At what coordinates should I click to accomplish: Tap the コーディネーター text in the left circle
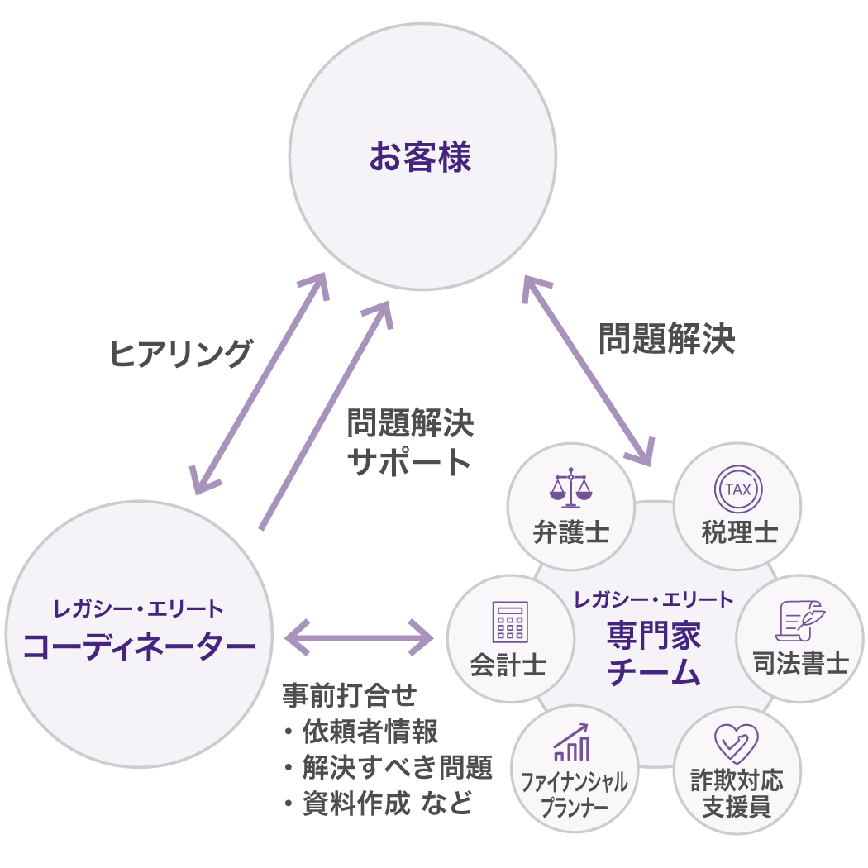coord(138,646)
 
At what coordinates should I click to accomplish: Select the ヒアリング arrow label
coord(180,354)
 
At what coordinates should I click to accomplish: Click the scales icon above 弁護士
coord(571,489)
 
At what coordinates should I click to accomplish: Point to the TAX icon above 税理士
coord(737,489)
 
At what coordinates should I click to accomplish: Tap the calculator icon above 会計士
coord(509,622)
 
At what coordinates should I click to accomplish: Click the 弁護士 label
coord(571,532)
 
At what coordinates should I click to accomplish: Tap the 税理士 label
coord(738,532)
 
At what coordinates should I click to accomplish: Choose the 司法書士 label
coord(801,664)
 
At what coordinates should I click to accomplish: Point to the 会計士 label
coord(508,665)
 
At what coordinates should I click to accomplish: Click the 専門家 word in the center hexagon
coord(654,637)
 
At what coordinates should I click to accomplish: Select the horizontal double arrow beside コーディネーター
coord(360,637)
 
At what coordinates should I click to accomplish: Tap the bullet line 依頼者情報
coord(361,732)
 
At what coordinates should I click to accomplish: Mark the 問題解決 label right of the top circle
coord(666,338)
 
